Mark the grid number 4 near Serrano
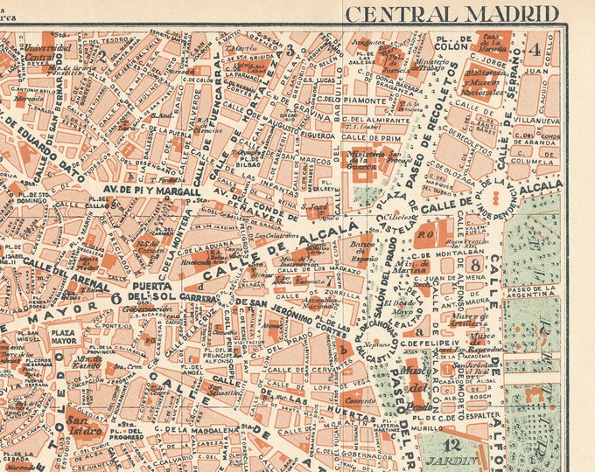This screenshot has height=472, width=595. click(535, 49)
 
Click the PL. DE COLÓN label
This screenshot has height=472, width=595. click(449, 44)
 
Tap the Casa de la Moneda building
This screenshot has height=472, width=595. click(493, 41)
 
